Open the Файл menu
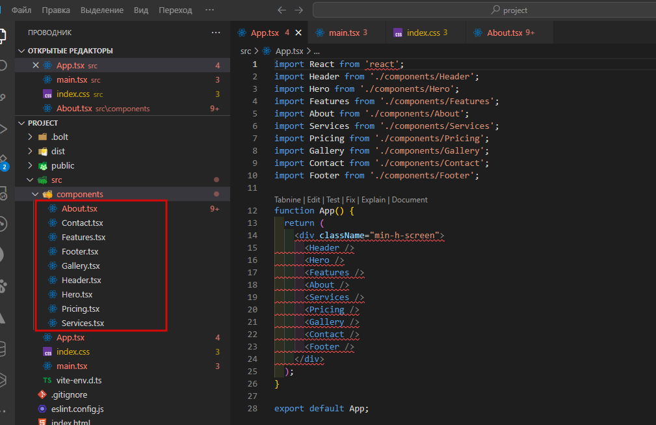point(21,10)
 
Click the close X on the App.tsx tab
point(298,33)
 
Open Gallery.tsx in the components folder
point(81,266)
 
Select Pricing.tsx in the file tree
point(81,308)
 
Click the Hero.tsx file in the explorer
point(77,294)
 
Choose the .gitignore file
point(69,394)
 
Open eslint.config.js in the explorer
point(77,409)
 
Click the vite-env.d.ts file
point(79,380)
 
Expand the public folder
point(63,165)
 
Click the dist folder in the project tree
point(58,151)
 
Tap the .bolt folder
point(59,137)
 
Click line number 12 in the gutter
point(252,211)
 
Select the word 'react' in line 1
point(382,64)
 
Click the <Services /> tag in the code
point(334,297)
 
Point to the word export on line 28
point(289,408)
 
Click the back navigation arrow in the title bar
point(282,10)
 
